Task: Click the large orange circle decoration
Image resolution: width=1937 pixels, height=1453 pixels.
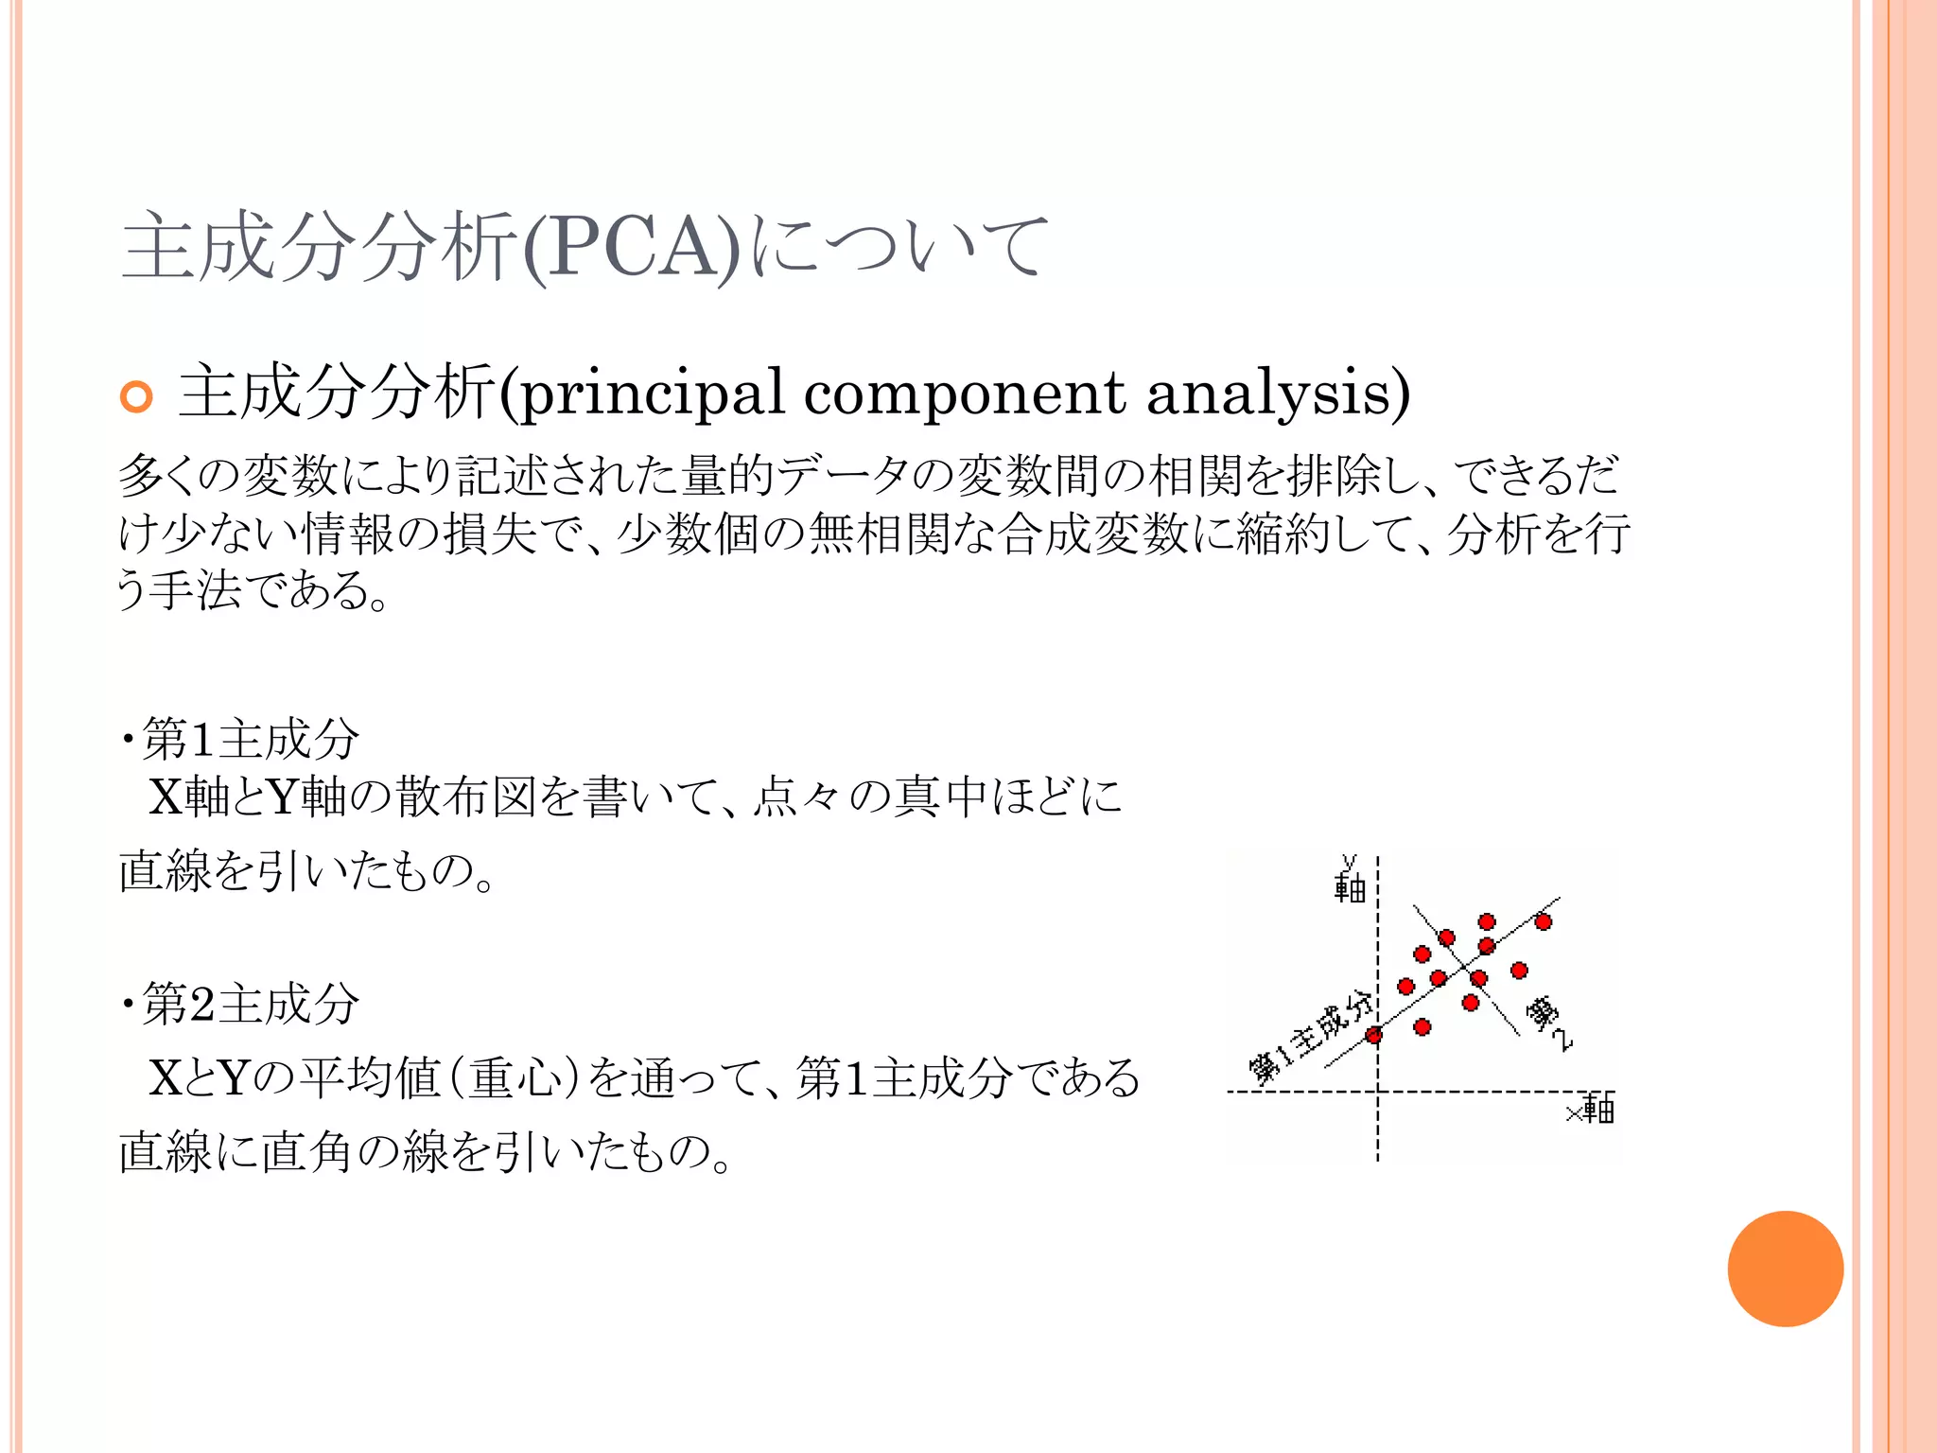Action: pos(1785,1269)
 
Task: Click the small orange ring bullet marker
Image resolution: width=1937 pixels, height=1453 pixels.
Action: pos(136,396)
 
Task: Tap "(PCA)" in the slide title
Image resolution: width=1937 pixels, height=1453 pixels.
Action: pos(631,248)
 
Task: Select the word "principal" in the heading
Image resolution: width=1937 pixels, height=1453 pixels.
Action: pos(652,394)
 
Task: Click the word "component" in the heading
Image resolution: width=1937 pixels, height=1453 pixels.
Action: pos(964,394)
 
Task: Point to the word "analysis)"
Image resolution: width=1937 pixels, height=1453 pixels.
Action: pos(1278,394)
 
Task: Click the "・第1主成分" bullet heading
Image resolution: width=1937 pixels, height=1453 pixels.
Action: pos(238,739)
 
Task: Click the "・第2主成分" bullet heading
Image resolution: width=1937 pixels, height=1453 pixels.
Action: pos(238,1004)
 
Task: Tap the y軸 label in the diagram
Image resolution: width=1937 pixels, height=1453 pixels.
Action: pos(1350,880)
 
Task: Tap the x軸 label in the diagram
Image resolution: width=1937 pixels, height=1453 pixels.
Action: pos(1592,1109)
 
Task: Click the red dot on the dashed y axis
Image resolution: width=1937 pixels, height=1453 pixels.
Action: pos(1374,1035)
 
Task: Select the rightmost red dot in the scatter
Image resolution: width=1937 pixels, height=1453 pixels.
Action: pos(1544,921)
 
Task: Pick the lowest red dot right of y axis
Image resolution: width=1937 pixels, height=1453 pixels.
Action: pos(1422,1026)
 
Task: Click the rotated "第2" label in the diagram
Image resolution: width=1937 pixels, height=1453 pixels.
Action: pos(1547,1022)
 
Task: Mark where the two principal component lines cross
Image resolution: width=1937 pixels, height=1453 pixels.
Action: pos(1462,967)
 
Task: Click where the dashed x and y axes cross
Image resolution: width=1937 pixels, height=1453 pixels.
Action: pos(1378,1092)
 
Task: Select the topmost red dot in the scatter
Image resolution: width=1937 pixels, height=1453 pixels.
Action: pos(1487,921)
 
